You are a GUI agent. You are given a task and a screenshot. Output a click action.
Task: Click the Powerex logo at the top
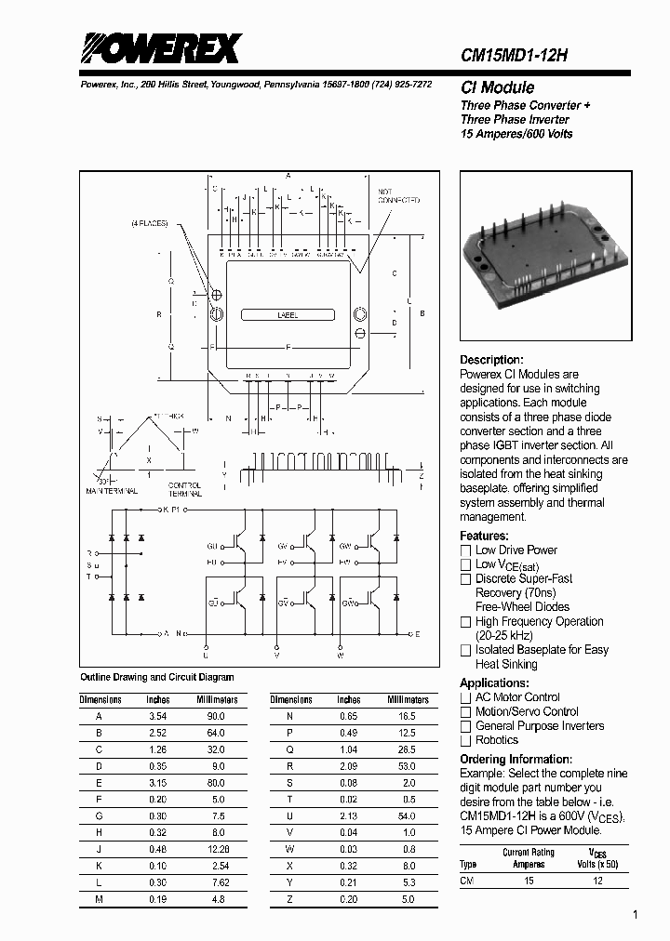pyautogui.click(x=159, y=48)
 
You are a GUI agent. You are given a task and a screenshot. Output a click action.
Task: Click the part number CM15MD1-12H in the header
pyautogui.click(x=515, y=55)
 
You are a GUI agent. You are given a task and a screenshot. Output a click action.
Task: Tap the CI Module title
pyautogui.click(x=497, y=87)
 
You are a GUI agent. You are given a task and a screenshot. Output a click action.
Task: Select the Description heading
pyautogui.click(x=492, y=360)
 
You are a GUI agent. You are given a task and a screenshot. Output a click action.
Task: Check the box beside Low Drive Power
pyautogui.click(x=466, y=550)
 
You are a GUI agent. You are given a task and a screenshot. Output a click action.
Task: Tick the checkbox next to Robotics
pyautogui.click(x=466, y=740)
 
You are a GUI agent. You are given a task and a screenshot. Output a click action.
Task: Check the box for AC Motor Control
pyautogui.click(x=466, y=697)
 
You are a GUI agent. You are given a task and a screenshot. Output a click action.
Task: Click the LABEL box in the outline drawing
pyautogui.click(x=288, y=315)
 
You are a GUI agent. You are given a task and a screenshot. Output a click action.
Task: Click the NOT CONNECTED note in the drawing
pyautogui.click(x=398, y=196)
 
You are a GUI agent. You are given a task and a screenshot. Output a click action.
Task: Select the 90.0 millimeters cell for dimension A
pyautogui.click(x=217, y=716)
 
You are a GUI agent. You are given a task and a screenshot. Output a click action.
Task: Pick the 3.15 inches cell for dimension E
pyautogui.click(x=158, y=783)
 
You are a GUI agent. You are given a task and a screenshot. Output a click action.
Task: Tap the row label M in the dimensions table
pyautogui.click(x=98, y=900)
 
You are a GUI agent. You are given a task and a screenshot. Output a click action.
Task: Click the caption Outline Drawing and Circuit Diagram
pyautogui.click(x=157, y=677)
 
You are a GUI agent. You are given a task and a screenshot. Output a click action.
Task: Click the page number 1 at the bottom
pyautogui.click(x=636, y=916)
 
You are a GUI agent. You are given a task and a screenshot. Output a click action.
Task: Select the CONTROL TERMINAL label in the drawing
pyautogui.click(x=184, y=489)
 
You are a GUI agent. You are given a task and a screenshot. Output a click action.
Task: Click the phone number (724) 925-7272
pyautogui.click(x=396, y=84)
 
